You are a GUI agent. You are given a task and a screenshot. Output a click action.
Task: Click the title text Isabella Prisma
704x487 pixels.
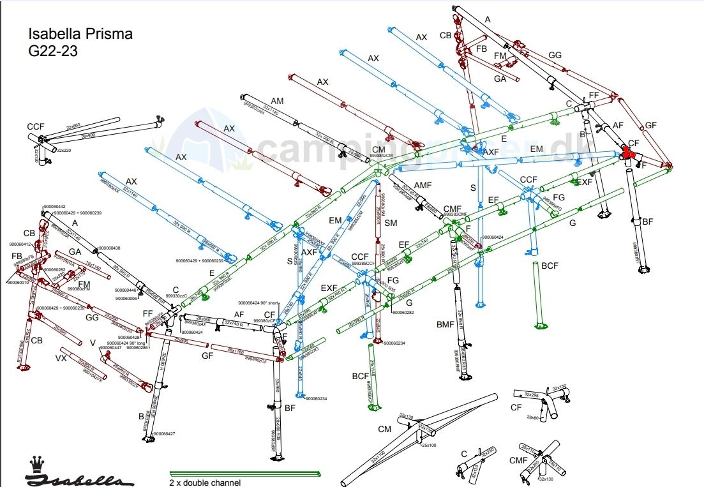(x=80, y=34)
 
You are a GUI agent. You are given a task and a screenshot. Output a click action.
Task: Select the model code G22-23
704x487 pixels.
(x=53, y=52)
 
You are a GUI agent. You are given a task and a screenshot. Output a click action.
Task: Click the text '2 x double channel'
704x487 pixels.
(x=206, y=483)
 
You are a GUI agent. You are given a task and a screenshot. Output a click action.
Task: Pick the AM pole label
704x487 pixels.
(x=277, y=101)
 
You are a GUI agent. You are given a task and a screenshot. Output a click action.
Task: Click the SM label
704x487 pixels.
(x=391, y=223)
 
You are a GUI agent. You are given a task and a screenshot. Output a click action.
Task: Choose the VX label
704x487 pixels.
(x=61, y=359)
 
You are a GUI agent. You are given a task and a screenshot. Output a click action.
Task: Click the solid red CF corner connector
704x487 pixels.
(x=631, y=153)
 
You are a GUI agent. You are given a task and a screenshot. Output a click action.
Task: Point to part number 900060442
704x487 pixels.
(x=54, y=207)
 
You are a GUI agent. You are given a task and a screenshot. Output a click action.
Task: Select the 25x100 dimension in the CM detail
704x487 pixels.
(x=428, y=445)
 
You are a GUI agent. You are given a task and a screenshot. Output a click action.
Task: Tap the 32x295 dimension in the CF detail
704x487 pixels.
(x=531, y=394)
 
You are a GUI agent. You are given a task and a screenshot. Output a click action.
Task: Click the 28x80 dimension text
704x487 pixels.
(x=534, y=417)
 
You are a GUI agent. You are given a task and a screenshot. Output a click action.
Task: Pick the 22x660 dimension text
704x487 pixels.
(x=73, y=125)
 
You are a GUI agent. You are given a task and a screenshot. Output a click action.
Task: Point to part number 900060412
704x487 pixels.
(x=20, y=244)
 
